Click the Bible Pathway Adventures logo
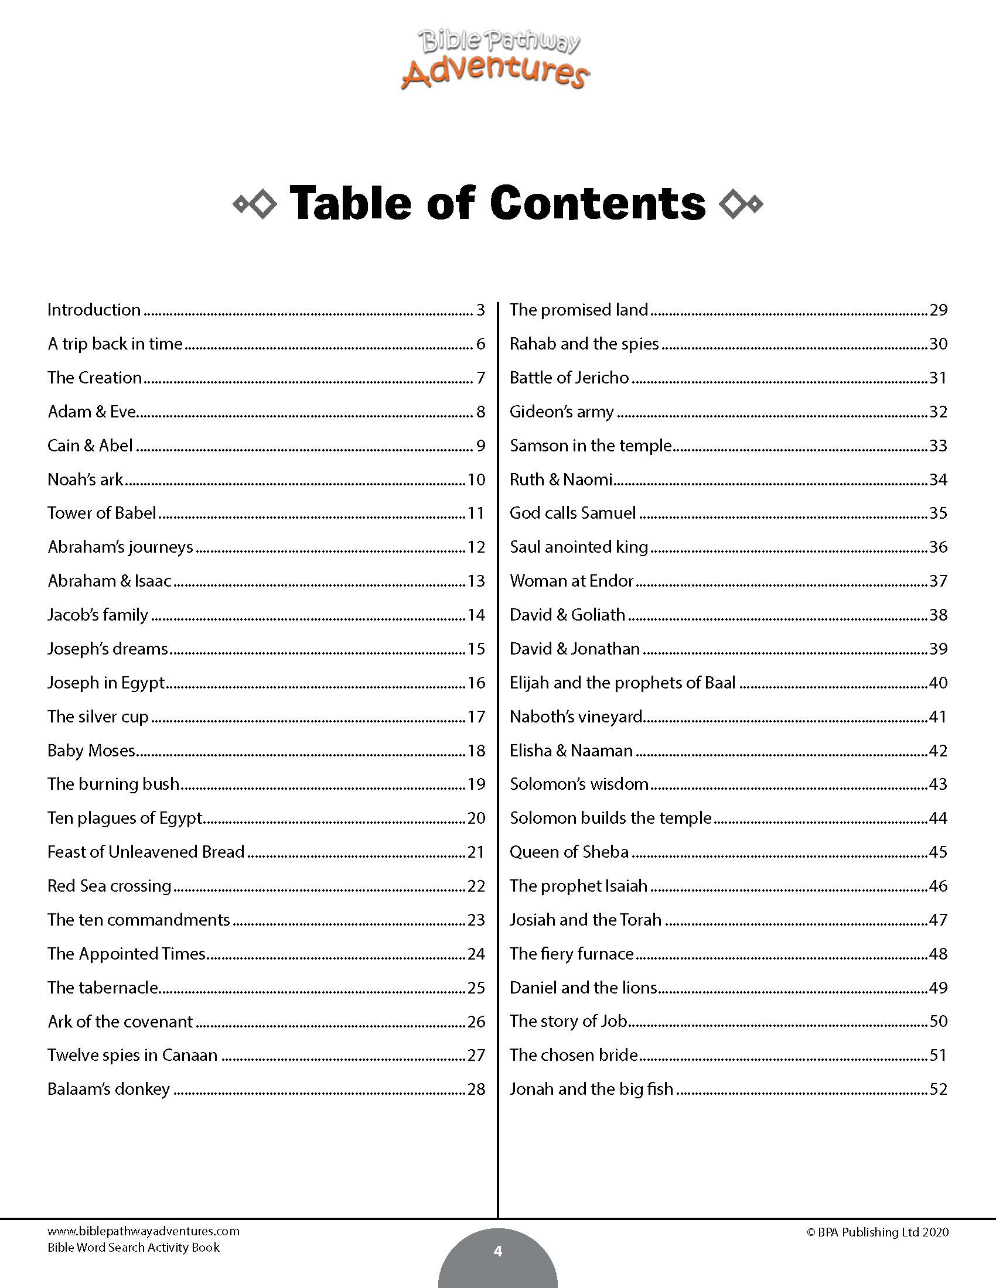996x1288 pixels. tap(496, 60)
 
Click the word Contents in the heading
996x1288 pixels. tap(597, 204)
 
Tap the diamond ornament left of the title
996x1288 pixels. tap(255, 205)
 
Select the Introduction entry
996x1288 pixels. tap(94, 310)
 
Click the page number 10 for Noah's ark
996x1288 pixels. tap(476, 479)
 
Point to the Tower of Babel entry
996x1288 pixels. tap(101, 513)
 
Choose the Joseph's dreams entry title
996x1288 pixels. tap(107, 649)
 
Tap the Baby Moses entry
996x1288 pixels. tap(91, 751)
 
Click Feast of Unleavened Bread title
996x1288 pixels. tap(146, 852)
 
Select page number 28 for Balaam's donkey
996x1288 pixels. tap(476, 1090)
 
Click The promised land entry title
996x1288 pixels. tap(579, 310)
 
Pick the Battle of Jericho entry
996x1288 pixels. tap(569, 378)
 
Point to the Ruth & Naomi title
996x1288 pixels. tap(561, 479)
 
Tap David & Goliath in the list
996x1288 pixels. tap(567, 615)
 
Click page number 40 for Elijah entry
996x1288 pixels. tap(938, 683)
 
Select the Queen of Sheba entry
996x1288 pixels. tap(569, 852)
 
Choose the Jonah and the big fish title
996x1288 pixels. tap(591, 1090)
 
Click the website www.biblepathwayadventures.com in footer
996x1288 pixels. tap(144, 1231)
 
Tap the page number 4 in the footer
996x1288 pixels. tap(497, 1252)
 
